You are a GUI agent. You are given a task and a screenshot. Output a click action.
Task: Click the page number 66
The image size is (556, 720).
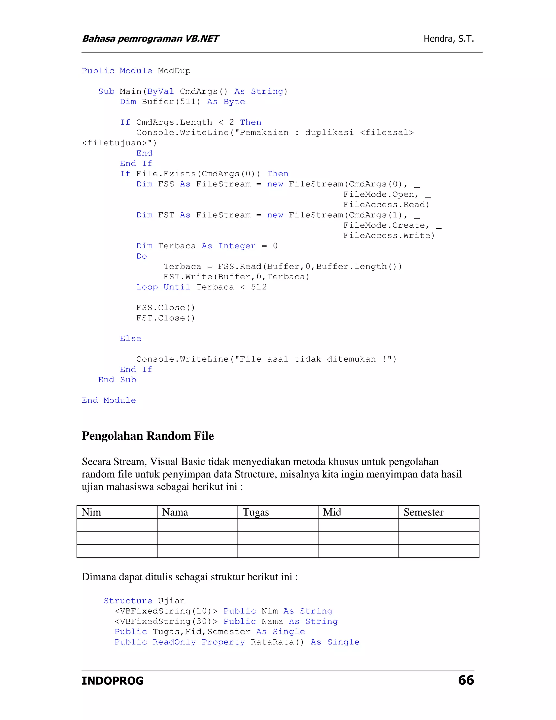tap(466, 680)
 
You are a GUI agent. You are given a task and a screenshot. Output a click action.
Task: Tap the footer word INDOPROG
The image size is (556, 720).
tap(112, 681)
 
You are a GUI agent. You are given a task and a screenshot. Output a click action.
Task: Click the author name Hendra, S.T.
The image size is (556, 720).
tap(448, 39)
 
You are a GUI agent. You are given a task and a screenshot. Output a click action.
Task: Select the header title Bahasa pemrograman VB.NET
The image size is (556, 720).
tap(150, 39)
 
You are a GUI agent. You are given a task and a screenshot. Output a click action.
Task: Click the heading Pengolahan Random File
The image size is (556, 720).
tap(148, 436)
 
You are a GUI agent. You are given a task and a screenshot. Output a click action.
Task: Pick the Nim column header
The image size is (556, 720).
tap(91, 512)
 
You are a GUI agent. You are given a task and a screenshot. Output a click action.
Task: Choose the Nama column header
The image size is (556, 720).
tap(175, 512)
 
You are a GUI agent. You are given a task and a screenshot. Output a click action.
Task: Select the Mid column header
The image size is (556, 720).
tap(332, 512)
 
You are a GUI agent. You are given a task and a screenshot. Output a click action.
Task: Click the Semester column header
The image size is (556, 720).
tap(423, 512)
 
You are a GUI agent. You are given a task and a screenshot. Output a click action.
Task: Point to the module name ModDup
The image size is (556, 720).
tap(174, 71)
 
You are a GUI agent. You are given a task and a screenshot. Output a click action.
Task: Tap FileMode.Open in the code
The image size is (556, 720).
tap(380, 195)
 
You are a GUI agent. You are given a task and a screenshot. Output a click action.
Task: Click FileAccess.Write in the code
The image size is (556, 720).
tap(389, 236)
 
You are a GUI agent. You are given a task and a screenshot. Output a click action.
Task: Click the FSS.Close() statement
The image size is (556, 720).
tap(165, 308)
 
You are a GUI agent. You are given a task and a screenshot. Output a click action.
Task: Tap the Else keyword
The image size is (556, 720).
tap(130, 339)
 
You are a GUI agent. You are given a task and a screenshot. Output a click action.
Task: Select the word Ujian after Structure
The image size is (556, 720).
tap(171, 601)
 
